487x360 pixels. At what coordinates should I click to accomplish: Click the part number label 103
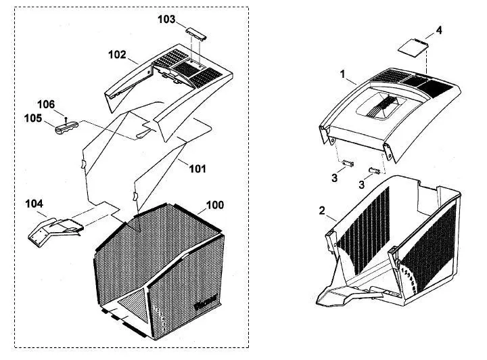(166, 19)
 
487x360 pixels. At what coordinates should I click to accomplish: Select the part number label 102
(117, 55)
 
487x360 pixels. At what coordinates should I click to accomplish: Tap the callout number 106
(46, 104)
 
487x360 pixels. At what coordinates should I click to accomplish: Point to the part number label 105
(33, 118)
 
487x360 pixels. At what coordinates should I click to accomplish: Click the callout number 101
(198, 169)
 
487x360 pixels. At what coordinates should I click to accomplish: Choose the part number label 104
(34, 204)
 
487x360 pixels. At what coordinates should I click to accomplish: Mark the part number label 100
(215, 205)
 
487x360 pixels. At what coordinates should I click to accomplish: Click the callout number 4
(439, 30)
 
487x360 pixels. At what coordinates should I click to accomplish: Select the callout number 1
(342, 74)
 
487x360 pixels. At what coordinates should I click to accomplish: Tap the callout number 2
(322, 210)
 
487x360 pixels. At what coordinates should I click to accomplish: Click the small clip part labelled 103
(196, 33)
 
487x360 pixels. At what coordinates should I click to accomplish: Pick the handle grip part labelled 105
(66, 127)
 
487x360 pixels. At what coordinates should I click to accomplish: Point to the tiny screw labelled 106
(66, 118)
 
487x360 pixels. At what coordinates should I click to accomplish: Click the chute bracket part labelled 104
(56, 231)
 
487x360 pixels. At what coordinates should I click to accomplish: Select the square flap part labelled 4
(413, 47)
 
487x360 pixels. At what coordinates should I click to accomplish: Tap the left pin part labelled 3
(348, 163)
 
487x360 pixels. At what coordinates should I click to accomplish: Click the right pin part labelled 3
(374, 171)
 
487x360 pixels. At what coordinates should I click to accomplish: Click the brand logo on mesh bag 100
(205, 303)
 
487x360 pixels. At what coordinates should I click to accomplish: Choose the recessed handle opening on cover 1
(381, 106)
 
